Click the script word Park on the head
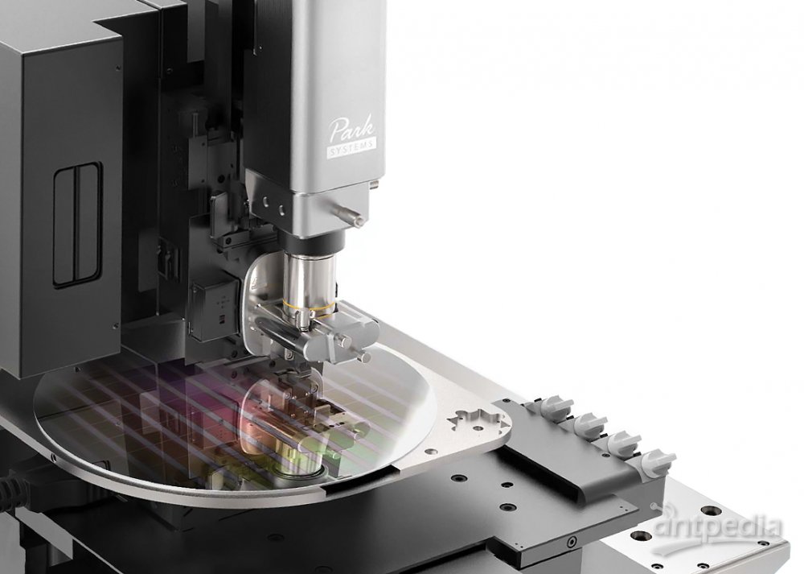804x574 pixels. (351, 129)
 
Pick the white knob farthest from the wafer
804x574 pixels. (654, 461)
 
